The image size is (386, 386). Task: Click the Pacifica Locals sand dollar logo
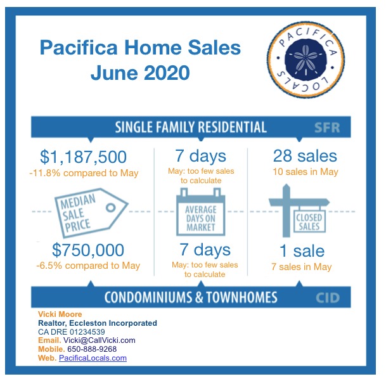(306, 60)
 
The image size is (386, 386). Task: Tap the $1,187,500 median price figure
(84, 157)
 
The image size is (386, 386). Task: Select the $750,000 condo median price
(88, 250)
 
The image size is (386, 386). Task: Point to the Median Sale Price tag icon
(91, 213)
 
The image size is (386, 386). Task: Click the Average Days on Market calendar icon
(201, 212)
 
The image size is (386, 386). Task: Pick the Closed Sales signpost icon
(299, 210)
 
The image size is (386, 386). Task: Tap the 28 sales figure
(305, 156)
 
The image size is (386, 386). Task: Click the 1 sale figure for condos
(302, 251)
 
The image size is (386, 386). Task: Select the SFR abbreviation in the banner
(327, 127)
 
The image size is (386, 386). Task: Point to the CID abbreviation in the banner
(328, 298)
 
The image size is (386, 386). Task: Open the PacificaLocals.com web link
(93, 357)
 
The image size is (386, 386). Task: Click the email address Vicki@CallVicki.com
(100, 340)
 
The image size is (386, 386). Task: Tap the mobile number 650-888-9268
(92, 349)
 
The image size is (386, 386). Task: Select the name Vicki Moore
(60, 314)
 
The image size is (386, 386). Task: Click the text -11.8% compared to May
(84, 173)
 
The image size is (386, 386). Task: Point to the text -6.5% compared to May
(88, 266)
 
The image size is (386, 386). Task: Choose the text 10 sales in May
(306, 172)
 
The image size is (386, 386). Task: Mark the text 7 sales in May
(302, 267)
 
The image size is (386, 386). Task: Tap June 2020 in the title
(140, 73)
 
